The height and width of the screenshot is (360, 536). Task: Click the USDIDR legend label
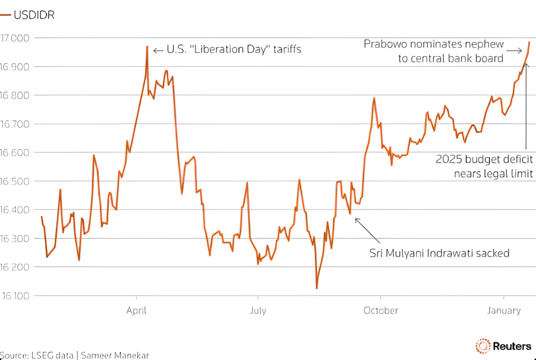point(34,15)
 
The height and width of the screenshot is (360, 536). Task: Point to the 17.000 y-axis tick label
point(15,38)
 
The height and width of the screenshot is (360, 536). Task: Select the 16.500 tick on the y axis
point(15,181)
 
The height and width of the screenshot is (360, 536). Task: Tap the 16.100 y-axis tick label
point(15,296)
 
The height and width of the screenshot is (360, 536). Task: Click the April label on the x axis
point(136,311)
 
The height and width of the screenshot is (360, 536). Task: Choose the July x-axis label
point(258,311)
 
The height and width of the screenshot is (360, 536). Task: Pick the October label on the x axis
point(381,311)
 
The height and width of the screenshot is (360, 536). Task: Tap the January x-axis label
point(504,311)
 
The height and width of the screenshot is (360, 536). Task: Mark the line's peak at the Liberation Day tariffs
point(147,47)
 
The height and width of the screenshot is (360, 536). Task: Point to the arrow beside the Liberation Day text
point(158,50)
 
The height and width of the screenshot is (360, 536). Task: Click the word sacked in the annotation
point(492,253)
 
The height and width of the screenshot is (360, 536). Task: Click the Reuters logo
point(503,346)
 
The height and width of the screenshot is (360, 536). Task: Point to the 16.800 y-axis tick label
point(15,95)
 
